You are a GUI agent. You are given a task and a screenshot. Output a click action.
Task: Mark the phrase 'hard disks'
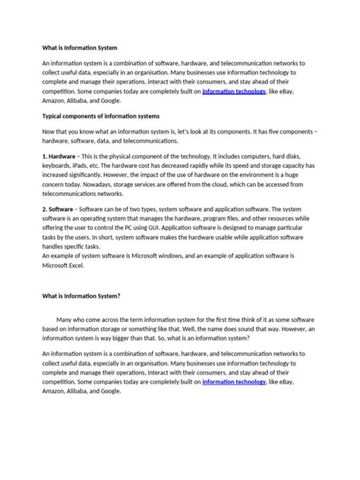[308, 156]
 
